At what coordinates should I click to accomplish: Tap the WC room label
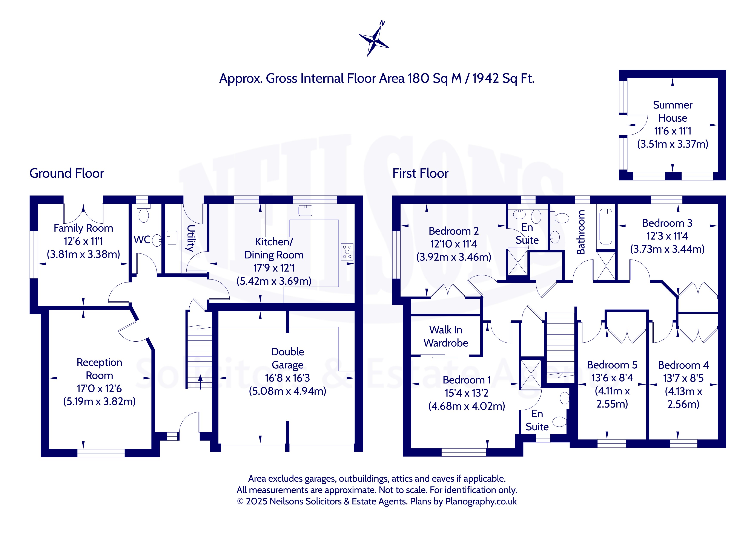142,240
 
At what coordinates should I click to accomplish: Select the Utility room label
190,238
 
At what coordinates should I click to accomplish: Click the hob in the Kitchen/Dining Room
347,252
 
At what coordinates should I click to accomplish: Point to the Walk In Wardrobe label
446,336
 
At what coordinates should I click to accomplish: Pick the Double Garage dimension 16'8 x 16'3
287,378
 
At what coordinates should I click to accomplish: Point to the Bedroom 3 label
667,223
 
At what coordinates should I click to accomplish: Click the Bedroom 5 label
612,365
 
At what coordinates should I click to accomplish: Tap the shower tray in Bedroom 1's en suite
531,374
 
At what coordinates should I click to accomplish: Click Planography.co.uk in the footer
481,501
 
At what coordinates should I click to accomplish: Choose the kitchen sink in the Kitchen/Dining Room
306,210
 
